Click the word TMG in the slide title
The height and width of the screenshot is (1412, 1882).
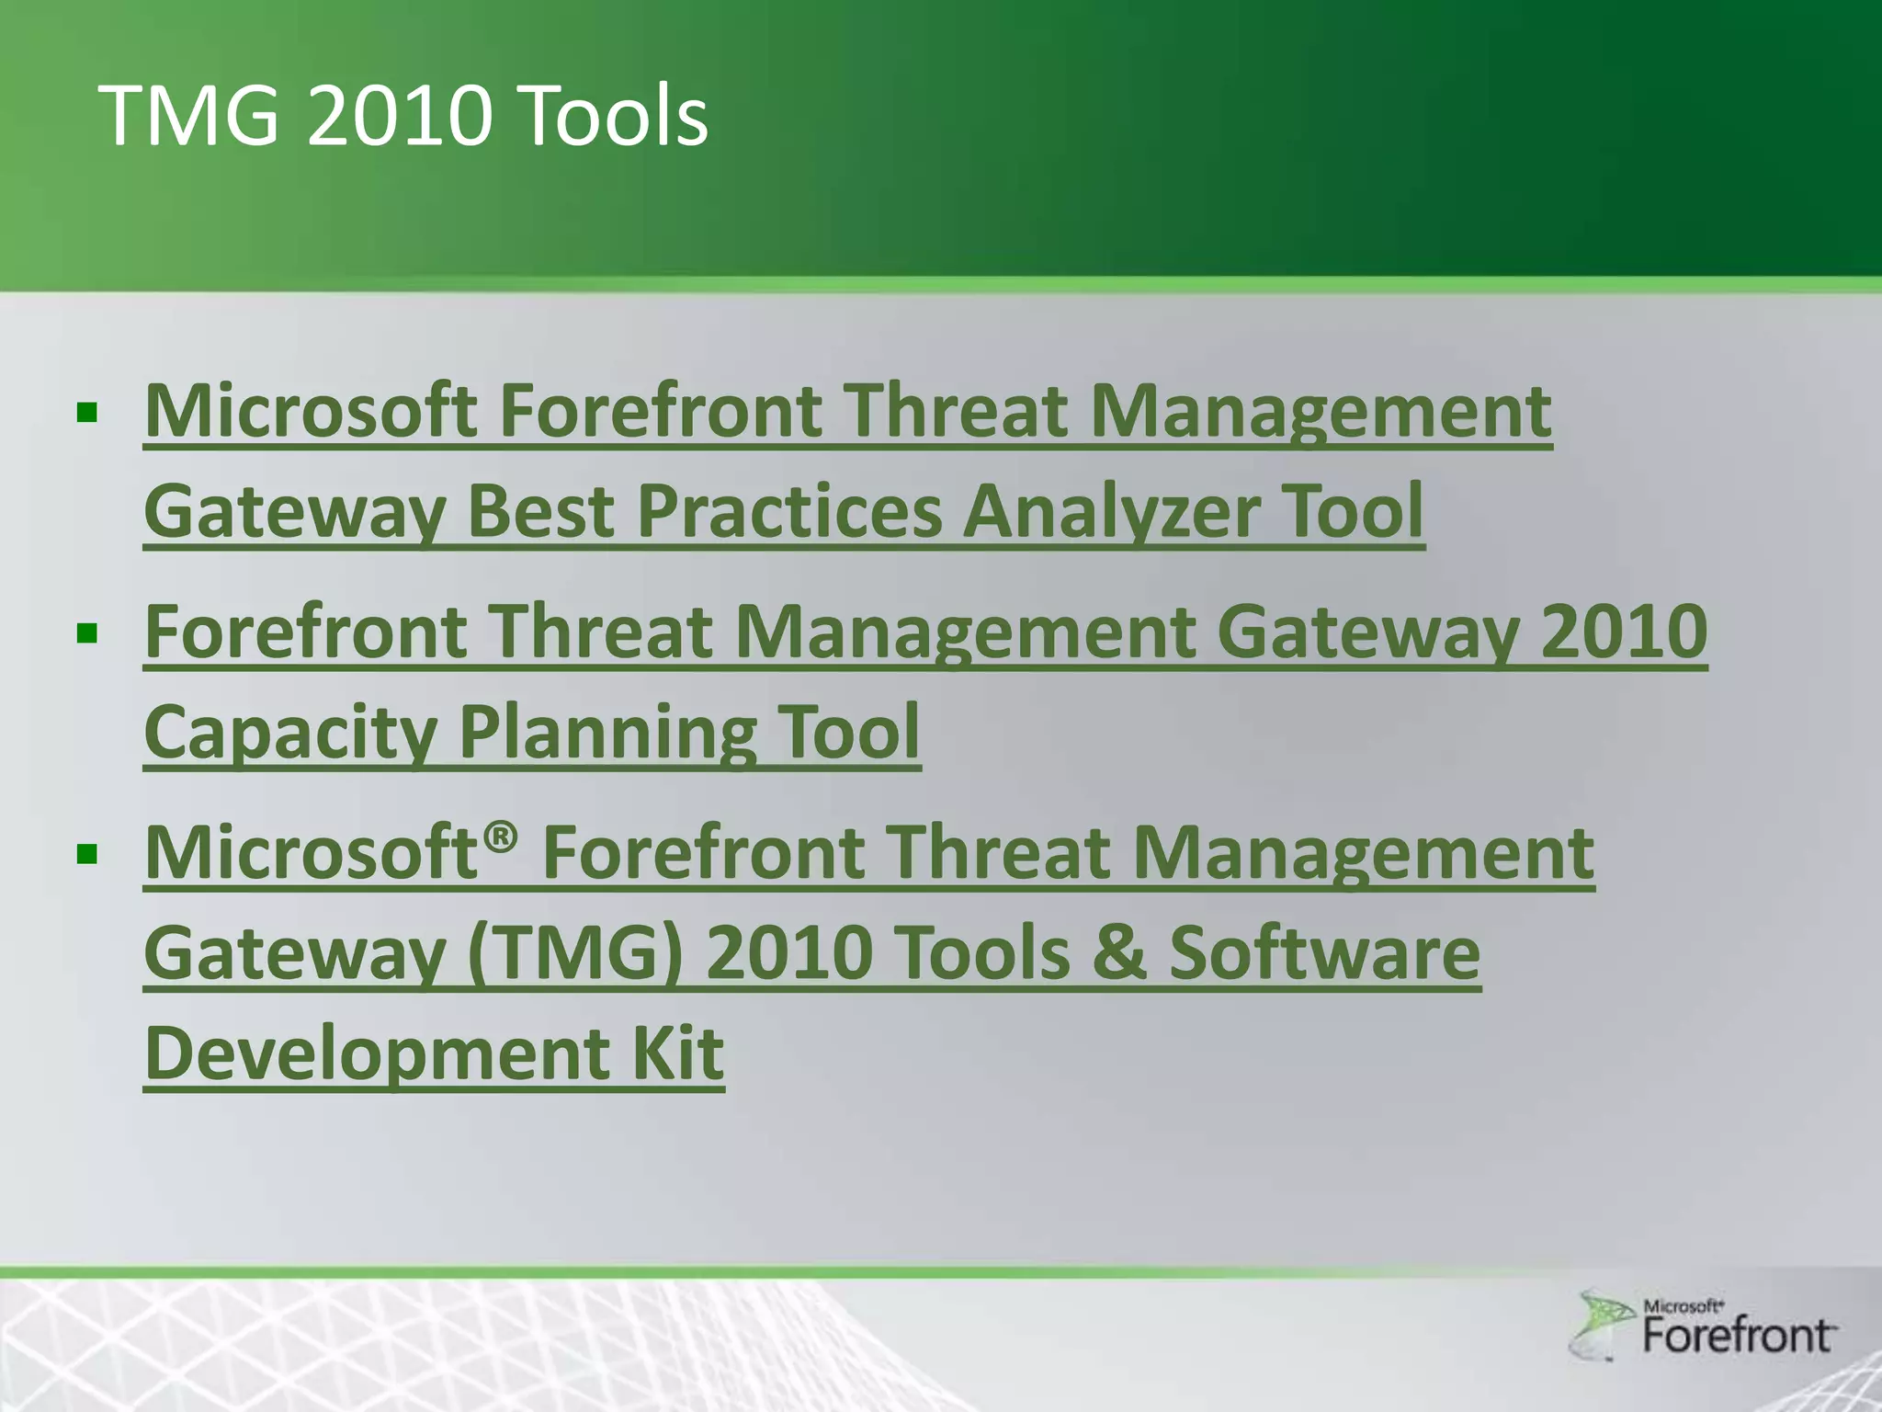(188, 117)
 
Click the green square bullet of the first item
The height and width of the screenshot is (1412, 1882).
(87, 412)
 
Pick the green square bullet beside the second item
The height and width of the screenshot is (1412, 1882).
(87, 632)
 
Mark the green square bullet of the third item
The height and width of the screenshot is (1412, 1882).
(87, 854)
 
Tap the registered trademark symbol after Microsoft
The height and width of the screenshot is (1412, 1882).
(501, 837)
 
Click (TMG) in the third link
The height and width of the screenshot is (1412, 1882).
(575, 953)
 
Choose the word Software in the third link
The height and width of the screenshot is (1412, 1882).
(1324, 953)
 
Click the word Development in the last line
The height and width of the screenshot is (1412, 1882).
(375, 1054)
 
